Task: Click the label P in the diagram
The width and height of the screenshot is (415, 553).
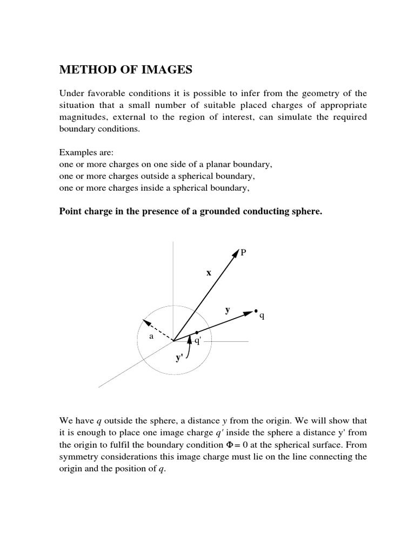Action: coord(244,252)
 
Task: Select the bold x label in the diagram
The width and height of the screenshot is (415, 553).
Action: coord(208,273)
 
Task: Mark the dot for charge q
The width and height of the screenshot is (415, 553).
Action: coord(256,311)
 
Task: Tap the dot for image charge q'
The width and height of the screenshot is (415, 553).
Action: coord(197,332)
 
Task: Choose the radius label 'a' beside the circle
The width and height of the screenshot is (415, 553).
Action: coord(152,336)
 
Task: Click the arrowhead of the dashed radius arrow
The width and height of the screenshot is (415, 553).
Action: coord(144,323)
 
